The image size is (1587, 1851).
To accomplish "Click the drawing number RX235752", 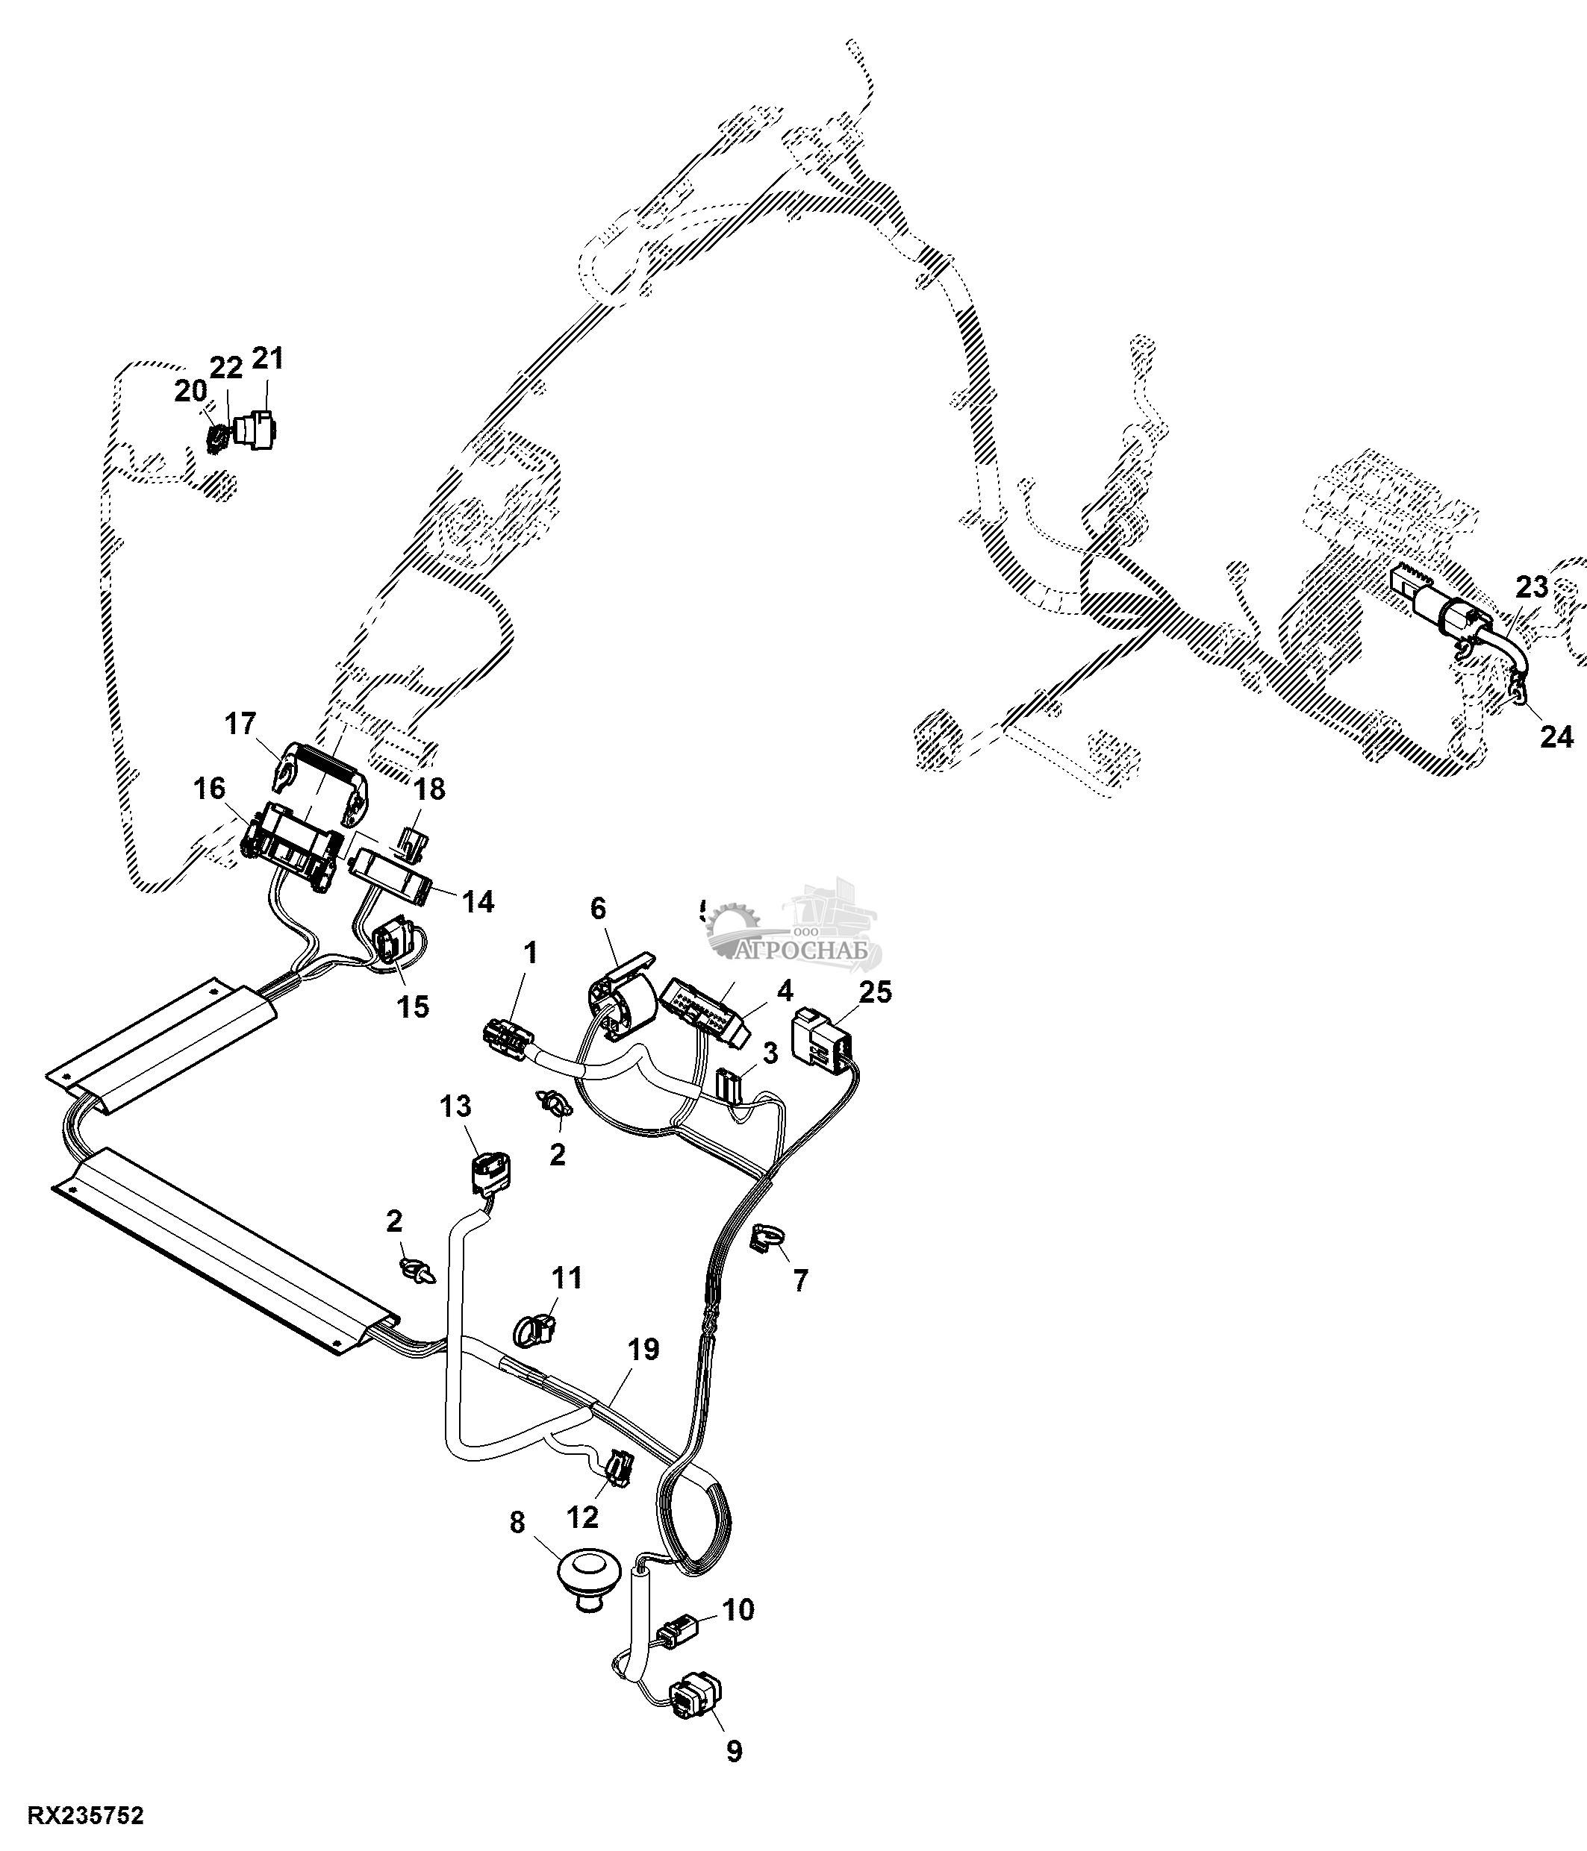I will (86, 1816).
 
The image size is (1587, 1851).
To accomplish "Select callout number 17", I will (240, 724).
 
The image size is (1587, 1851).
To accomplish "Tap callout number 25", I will (875, 992).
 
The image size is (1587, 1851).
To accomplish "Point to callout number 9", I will (734, 1752).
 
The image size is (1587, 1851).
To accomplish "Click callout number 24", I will (1556, 737).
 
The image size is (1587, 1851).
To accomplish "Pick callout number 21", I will (267, 358).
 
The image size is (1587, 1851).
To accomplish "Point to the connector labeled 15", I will (393, 947).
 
